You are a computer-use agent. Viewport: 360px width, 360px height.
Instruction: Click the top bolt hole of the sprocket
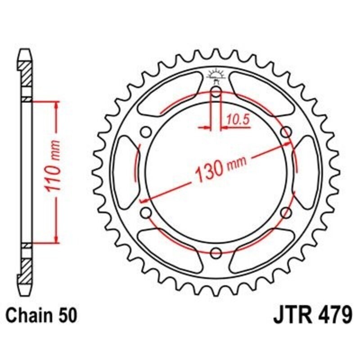pos(216,93)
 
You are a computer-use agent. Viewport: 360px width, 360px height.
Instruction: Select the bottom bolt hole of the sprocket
pos(216,252)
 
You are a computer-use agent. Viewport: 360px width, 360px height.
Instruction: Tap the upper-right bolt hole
pos(285,132)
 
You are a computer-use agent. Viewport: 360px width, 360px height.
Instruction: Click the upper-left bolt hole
pos(145,132)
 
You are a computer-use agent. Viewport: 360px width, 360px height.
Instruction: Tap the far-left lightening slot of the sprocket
pos(124,172)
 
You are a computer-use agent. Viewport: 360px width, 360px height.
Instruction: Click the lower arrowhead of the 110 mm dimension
pos(56,238)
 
